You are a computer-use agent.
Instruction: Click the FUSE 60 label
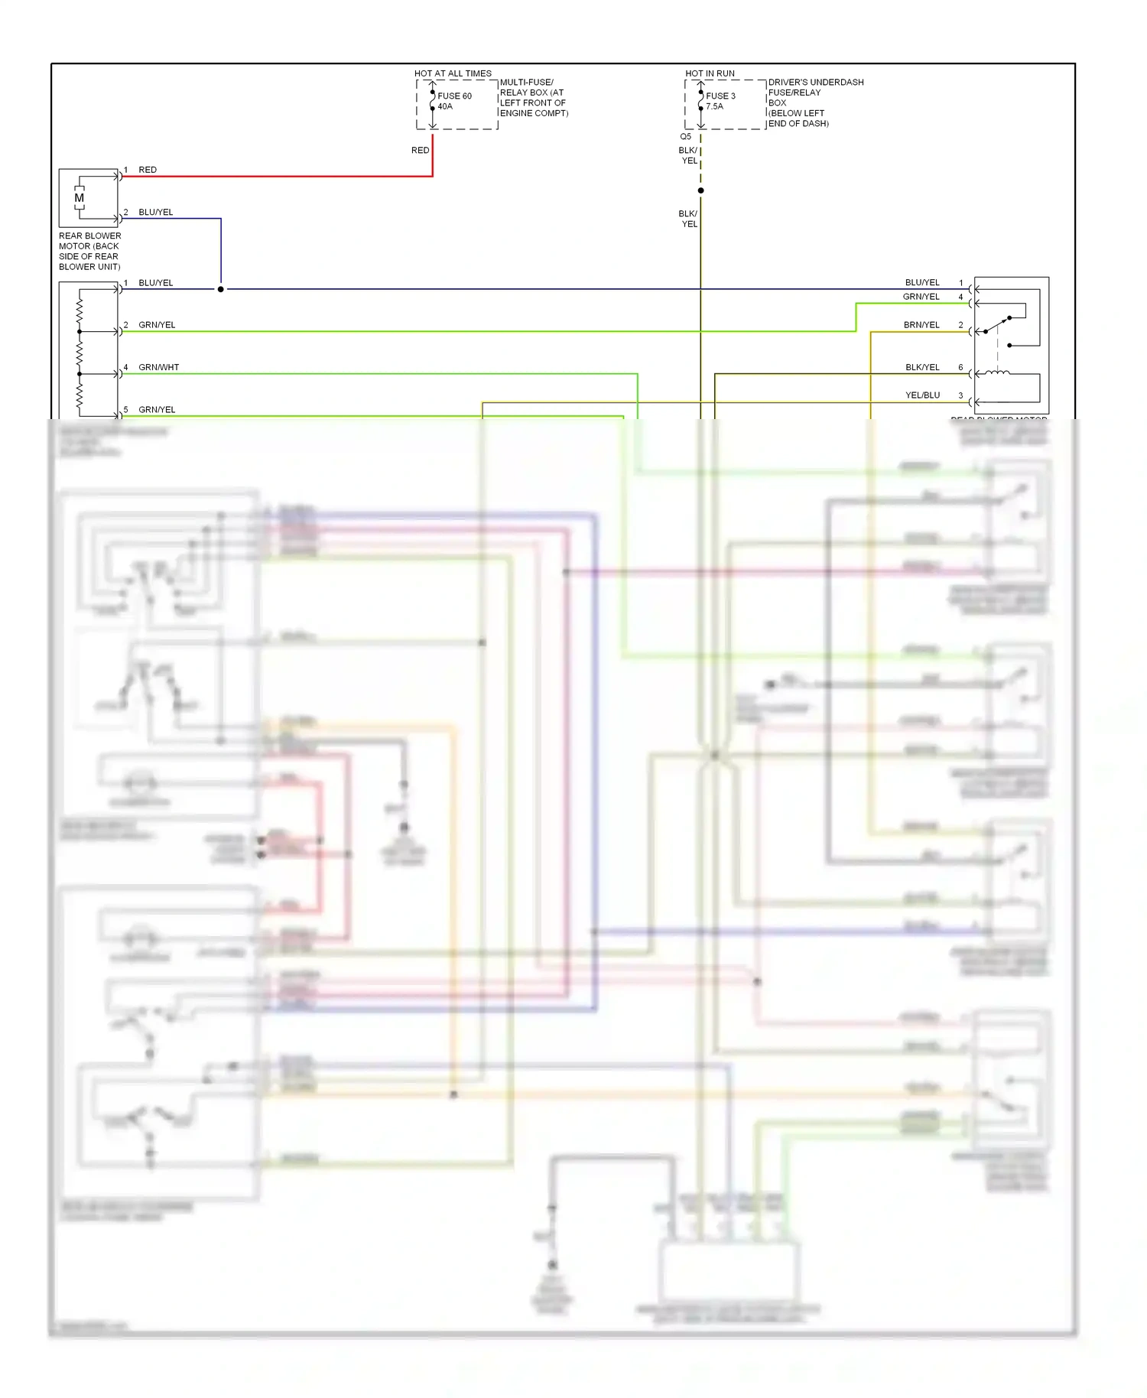454,96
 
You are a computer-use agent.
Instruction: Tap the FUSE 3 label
720,96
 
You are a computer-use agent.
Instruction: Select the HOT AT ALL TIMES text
453,73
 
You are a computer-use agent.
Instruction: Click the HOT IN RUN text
710,73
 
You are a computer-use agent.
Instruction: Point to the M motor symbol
79,198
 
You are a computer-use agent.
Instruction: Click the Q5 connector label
685,137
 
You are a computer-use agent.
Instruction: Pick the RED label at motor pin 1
148,170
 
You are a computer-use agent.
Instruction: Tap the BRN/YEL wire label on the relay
921,325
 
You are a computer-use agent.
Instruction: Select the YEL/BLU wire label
922,395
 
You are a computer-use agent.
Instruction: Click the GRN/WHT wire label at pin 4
158,367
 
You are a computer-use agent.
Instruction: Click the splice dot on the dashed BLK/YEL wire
700,190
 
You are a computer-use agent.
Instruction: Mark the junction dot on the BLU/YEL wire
221,289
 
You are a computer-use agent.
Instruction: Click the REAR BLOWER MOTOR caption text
89,251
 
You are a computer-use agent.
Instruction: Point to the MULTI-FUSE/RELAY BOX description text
534,98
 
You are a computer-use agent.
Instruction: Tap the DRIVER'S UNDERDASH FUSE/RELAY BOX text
815,102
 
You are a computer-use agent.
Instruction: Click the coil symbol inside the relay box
996,373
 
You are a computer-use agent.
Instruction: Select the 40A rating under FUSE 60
445,106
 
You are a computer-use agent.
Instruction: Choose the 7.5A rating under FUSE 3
714,106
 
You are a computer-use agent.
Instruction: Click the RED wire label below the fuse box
420,151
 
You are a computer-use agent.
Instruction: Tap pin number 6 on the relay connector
960,368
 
